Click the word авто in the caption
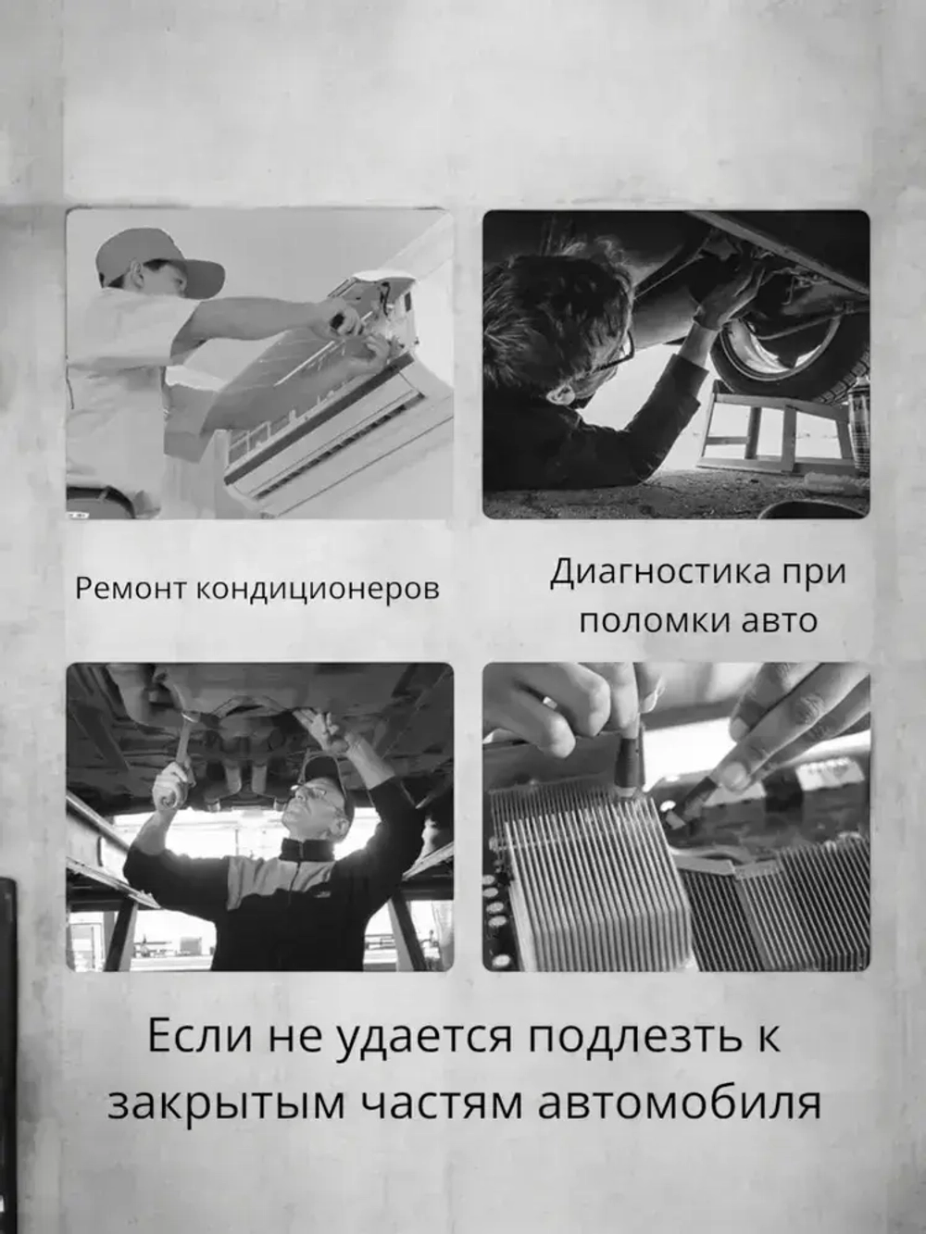coord(781,622)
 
